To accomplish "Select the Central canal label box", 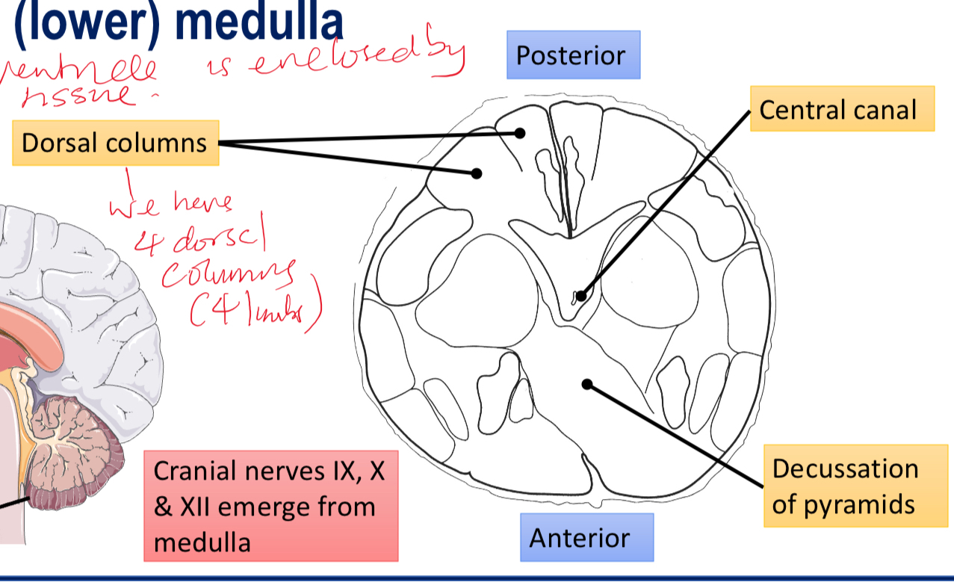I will (x=841, y=110).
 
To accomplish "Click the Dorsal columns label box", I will (x=115, y=143).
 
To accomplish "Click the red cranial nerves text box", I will (x=270, y=506).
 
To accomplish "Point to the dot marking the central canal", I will (x=580, y=296).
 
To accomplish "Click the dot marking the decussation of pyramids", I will (x=587, y=384).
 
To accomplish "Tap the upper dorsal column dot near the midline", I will (x=520, y=133).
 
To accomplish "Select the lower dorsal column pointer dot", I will (x=476, y=173).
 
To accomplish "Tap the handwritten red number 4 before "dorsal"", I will (x=141, y=241).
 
